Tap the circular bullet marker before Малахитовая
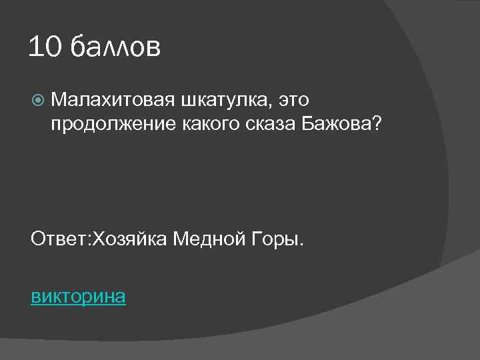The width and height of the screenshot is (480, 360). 37,101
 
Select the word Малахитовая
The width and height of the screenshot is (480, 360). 111,101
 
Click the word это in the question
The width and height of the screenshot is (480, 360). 294,101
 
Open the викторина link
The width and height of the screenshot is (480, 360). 78,296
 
